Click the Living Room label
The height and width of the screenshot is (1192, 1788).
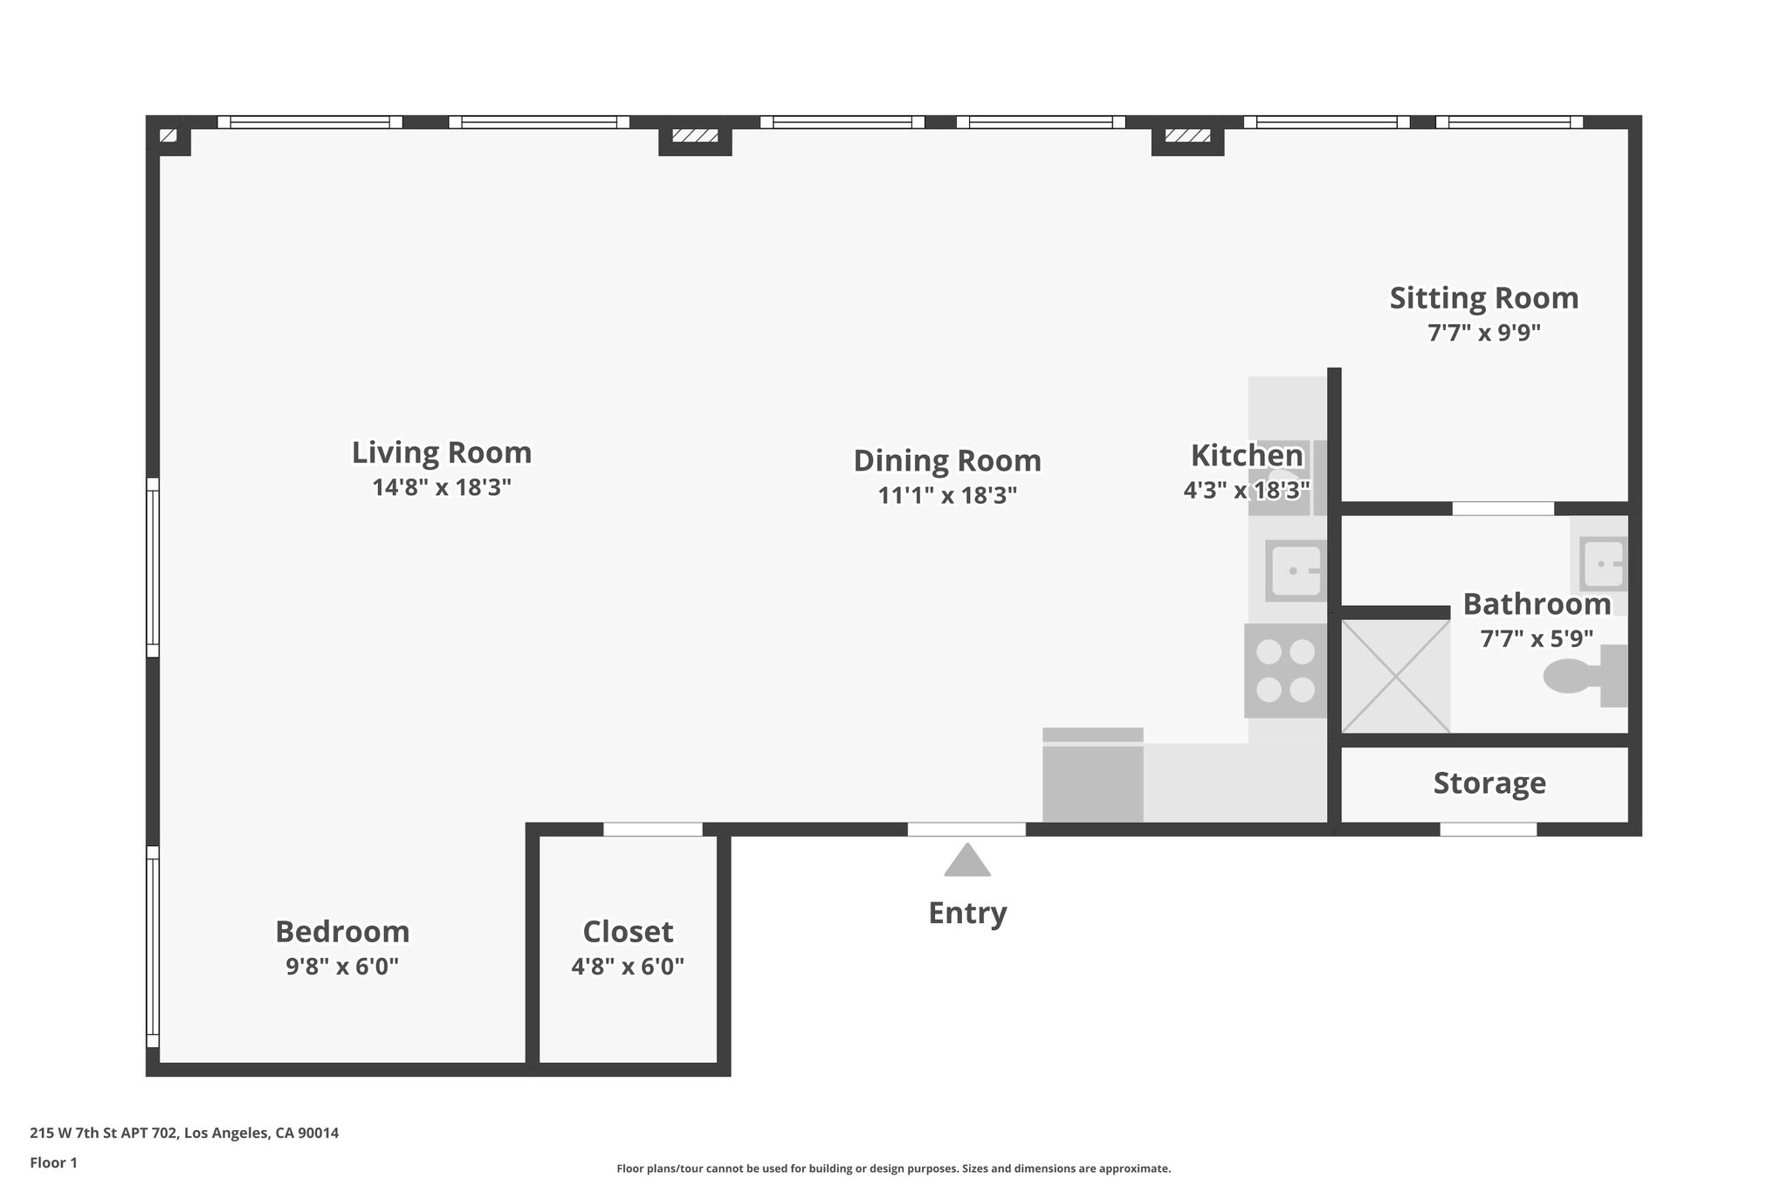441,452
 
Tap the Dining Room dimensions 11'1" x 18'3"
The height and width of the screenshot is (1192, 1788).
947,496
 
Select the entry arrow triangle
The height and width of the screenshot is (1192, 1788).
967,861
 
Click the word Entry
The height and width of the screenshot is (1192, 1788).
967,913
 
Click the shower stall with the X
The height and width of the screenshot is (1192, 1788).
1395,676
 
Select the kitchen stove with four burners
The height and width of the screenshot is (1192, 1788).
1285,671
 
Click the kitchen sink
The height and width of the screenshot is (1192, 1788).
1295,570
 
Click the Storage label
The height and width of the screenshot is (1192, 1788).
1489,783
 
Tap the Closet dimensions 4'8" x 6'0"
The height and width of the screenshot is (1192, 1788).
628,967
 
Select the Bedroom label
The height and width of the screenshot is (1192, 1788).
342,932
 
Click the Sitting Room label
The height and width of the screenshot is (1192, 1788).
1483,299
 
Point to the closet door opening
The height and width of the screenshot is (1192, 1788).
653,830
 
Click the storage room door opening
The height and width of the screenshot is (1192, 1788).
1488,830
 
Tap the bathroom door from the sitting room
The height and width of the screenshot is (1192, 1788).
1503,508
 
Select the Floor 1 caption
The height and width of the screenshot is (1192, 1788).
53,1163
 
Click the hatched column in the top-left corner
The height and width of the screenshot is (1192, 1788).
168,135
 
